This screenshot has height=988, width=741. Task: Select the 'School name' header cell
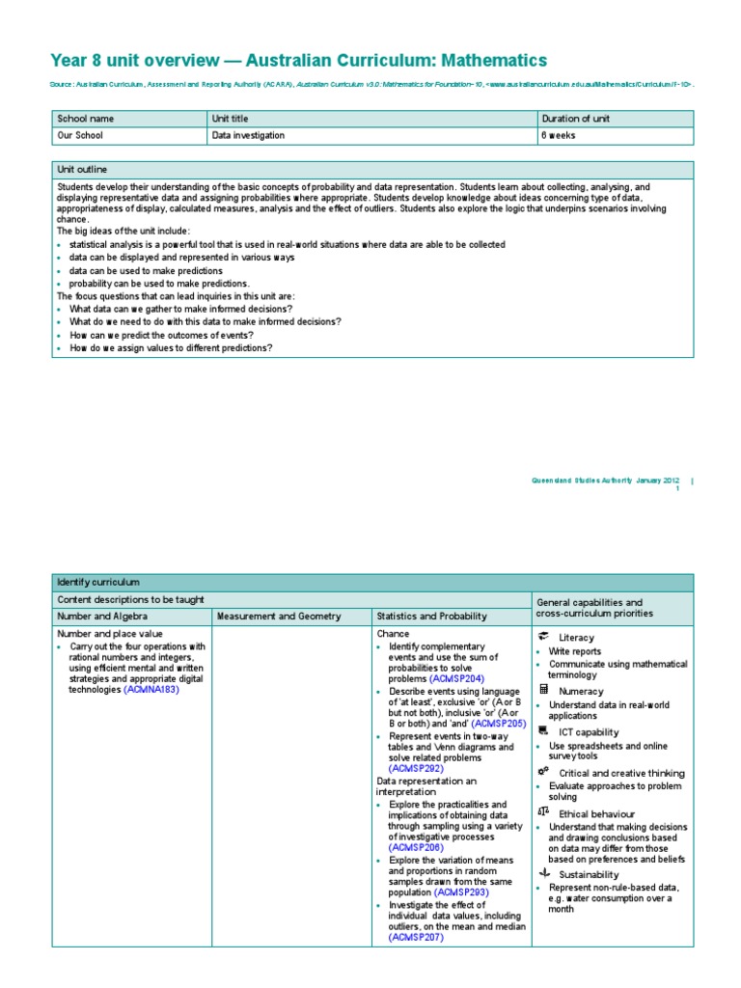pyautogui.click(x=86, y=119)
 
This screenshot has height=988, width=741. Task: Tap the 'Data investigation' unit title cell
pyautogui.click(x=248, y=136)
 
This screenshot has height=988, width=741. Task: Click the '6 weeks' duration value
pyautogui.click(x=560, y=136)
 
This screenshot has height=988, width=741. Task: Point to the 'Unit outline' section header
pyautogui.click(x=82, y=169)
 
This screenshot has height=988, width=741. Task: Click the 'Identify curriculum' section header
pyautogui.click(x=98, y=583)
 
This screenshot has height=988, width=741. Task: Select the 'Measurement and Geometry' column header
pyautogui.click(x=279, y=617)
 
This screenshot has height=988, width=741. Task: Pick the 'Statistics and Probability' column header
pyautogui.click(x=431, y=617)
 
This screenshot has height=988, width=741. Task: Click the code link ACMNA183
pyautogui.click(x=151, y=690)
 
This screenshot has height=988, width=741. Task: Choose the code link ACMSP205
pyautogui.click(x=499, y=723)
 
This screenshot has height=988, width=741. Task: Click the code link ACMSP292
pyautogui.click(x=416, y=769)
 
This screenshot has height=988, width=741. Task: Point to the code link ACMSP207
pyautogui.click(x=416, y=937)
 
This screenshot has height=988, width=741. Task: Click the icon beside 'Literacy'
pyautogui.click(x=543, y=637)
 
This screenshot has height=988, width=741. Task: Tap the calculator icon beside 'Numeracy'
pyautogui.click(x=543, y=690)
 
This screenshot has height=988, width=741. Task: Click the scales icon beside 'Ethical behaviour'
pyautogui.click(x=542, y=812)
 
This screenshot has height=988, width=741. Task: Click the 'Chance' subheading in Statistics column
pyautogui.click(x=393, y=634)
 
